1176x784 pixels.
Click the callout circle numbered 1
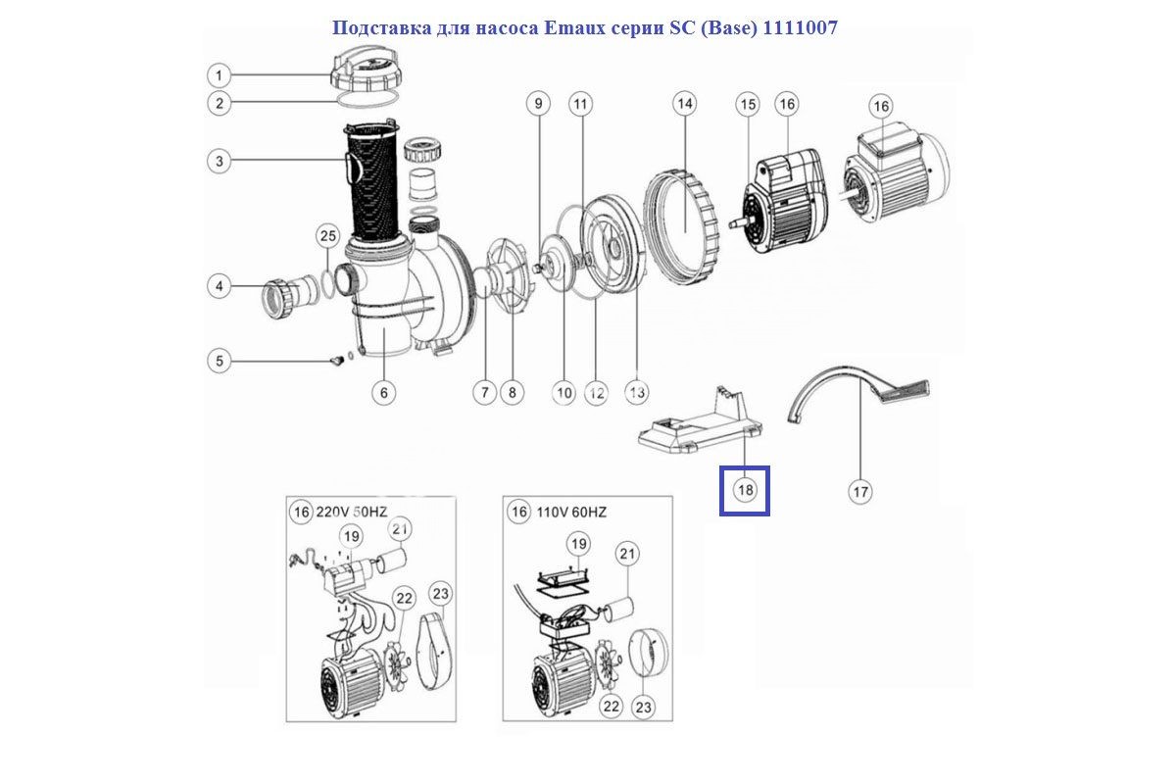(220, 75)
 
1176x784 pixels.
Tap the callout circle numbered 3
(220, 161)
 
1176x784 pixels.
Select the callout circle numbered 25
(327, 235)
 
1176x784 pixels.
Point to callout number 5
(220, 362)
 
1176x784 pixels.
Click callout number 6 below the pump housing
(383, 393)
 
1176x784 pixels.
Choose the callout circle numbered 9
(537, 103)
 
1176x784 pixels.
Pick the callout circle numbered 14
(684, 103)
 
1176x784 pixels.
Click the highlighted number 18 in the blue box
(745, 490)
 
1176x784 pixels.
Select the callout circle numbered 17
(859, 491)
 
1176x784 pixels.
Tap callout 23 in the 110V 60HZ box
(643, 707)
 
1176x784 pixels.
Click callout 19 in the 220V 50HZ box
(352, 535)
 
